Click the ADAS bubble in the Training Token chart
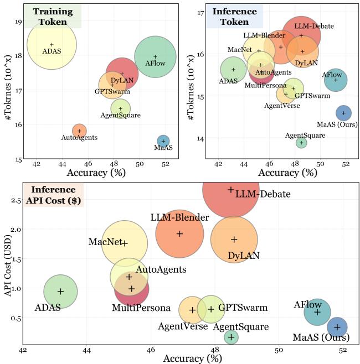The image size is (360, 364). click(x=52, y=45)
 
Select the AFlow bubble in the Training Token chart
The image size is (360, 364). click(x=155, y=56)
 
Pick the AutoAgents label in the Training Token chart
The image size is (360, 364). click(x=79, y=138)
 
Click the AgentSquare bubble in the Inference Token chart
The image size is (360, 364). click(x=301, y=143)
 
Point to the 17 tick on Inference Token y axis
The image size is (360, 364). click(x=201, y=13)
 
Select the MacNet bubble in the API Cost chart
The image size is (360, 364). click(x=125, y=243)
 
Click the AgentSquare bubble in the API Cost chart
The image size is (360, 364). click(x=231, y=337)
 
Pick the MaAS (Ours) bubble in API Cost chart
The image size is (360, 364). click(x=337, y=327)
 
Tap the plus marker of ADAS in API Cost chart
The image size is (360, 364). click(x=60, y=292)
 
